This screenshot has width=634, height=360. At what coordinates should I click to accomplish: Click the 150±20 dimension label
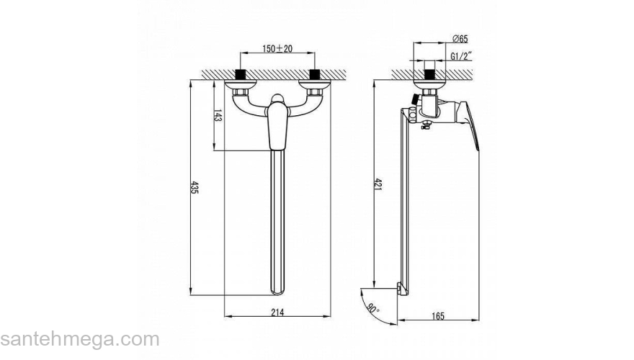coord(277,48)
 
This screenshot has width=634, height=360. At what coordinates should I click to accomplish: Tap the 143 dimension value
coord(218,116)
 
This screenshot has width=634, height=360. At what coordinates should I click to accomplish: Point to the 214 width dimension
coord(277,312)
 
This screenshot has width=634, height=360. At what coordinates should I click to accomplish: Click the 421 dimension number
coord(378,184)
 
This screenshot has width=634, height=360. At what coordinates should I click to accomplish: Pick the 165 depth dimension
coord(438,316)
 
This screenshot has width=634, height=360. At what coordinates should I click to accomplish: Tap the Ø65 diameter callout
coord(460,39)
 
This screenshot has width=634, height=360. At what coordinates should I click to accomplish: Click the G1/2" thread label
coord(461,56)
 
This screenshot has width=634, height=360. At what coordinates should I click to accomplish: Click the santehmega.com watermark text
coord(80,339)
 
